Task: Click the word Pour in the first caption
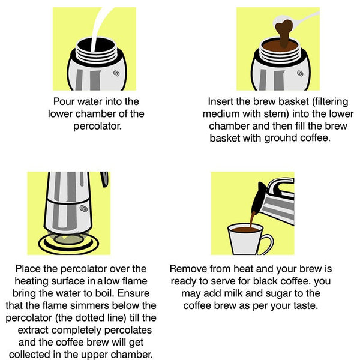tap(65, 101)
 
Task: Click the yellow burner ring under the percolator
tap(67, 243)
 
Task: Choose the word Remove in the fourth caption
tap(187, 268)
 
